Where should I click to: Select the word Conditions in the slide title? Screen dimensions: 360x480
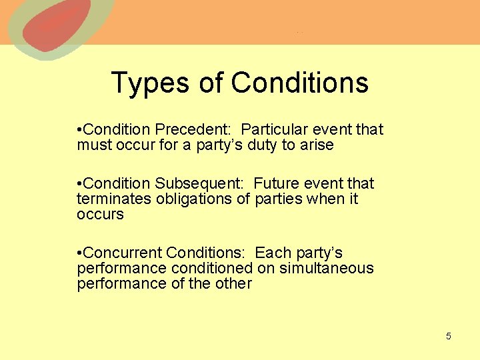[299, 83]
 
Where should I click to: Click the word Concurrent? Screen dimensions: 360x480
[123, 253]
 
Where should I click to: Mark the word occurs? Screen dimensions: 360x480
[100, 215]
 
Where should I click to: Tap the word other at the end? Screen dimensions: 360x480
[234, 283]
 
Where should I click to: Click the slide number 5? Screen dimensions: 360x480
[448, 336]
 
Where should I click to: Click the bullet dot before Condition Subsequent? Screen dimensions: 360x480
[79, 184]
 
